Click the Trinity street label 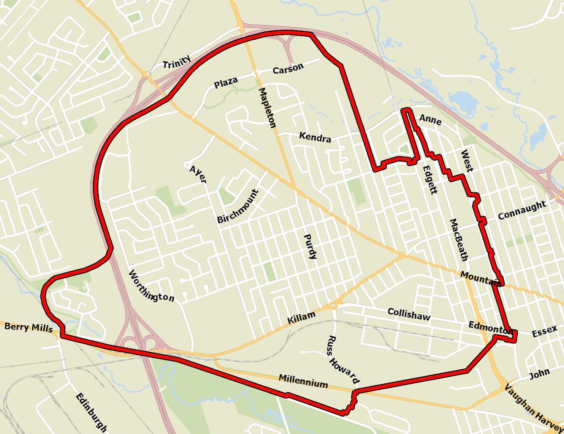(177, 62)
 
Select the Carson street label (288, 69)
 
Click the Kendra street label (315, 137)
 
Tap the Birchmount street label (237, 206)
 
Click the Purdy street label (310, 246)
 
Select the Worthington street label (151, 286)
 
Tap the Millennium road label (303, 381)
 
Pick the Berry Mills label (28, 327)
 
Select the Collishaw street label (408, 314)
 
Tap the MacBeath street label (459, 239)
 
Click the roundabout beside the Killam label (334, 305)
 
